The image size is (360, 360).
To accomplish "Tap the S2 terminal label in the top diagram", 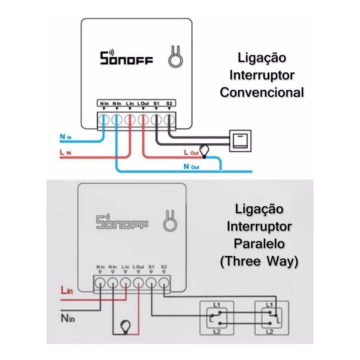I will pyautogui.click(x=169, y=104).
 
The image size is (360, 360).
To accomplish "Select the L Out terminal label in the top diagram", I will pyautogui.click(x=143, y=104).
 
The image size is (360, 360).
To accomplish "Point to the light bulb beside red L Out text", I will pyautogui.click(x=204, y=150).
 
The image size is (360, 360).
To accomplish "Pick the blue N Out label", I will pyautogui.click(x=191, y=167).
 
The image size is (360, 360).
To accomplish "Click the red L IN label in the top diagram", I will pyautogui.click(x=66, y=153).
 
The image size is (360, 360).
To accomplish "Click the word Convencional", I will pyautogui.click(x=262, y=92).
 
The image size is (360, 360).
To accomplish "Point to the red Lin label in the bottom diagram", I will pyautogui.click(x=67, y=291).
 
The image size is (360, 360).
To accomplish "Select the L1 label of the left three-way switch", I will pyautogui.click(x=216, y=305).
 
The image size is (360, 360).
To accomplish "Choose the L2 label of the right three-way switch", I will pyautogui.click(x=270, y=331).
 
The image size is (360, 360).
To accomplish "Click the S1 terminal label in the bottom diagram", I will pyautogui.click(x=151, y=267).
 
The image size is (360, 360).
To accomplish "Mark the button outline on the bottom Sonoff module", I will pyautogui.click(x=170, y=220).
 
